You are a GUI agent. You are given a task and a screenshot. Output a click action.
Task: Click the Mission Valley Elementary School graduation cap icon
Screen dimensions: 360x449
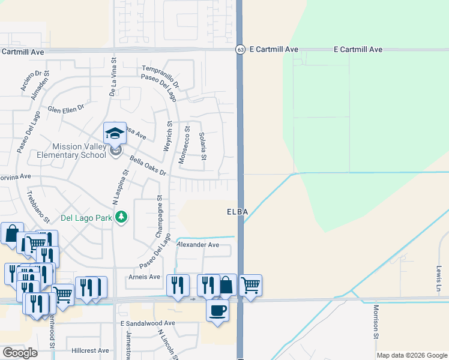click(x=115, y=133)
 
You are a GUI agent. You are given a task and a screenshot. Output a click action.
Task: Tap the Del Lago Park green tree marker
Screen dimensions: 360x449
click(x=122, y=217)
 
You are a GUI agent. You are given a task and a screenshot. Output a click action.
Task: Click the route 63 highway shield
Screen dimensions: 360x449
click(x=240, y=50)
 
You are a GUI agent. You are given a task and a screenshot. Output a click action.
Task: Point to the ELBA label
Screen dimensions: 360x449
click(x=237, y=212)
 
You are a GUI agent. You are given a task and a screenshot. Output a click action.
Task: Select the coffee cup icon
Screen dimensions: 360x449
click(x=217, y=310)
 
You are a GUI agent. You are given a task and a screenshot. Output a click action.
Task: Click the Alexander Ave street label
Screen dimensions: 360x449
click(x=197, y=245)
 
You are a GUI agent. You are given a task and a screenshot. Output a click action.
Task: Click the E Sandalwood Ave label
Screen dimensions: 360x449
click(x=147, y=323)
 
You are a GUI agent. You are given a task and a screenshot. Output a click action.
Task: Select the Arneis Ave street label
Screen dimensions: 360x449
click(x=145, y=277)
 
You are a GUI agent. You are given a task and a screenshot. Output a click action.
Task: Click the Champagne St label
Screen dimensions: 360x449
click(x=160, y=216)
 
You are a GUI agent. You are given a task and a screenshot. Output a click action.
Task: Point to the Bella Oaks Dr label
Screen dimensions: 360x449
click(x=148, y=166)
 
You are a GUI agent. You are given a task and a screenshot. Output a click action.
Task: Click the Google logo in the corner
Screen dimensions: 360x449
click(x=20, y=353)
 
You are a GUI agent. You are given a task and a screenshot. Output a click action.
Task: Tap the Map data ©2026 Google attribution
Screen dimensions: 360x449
click(x=412, y=355)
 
